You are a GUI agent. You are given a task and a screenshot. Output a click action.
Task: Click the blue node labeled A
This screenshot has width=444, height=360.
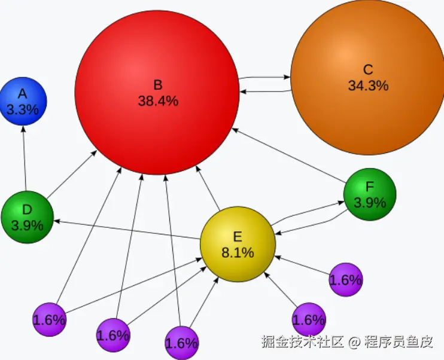(23, 102)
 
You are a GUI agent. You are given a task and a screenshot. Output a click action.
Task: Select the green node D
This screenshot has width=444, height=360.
(27, 218)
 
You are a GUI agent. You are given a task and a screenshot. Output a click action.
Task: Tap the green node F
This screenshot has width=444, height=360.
(370, 194)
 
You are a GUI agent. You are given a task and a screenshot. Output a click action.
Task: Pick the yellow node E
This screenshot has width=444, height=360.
(238, 244)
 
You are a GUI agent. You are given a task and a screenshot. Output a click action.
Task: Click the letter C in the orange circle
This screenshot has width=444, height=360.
(368, 69)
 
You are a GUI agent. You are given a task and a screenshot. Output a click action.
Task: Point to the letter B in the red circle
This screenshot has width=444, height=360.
(157, 84)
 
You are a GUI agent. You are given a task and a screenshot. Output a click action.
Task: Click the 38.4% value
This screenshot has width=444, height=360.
(158, 101)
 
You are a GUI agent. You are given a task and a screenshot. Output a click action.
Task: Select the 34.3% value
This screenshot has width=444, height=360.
(368, 86)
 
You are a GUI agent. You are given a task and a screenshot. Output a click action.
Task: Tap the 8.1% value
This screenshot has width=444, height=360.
(238, 252)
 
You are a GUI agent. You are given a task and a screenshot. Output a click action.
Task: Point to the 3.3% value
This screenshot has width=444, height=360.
(23, 109)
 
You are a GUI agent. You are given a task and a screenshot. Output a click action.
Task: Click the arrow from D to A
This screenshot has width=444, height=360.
(25, 158)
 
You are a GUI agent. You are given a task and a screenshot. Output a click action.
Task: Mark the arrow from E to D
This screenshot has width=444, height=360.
(126, 230)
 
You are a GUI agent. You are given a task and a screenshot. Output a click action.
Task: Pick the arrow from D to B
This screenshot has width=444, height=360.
(72, 174)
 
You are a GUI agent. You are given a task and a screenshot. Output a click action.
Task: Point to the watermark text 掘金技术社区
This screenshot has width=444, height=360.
(302, 342)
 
